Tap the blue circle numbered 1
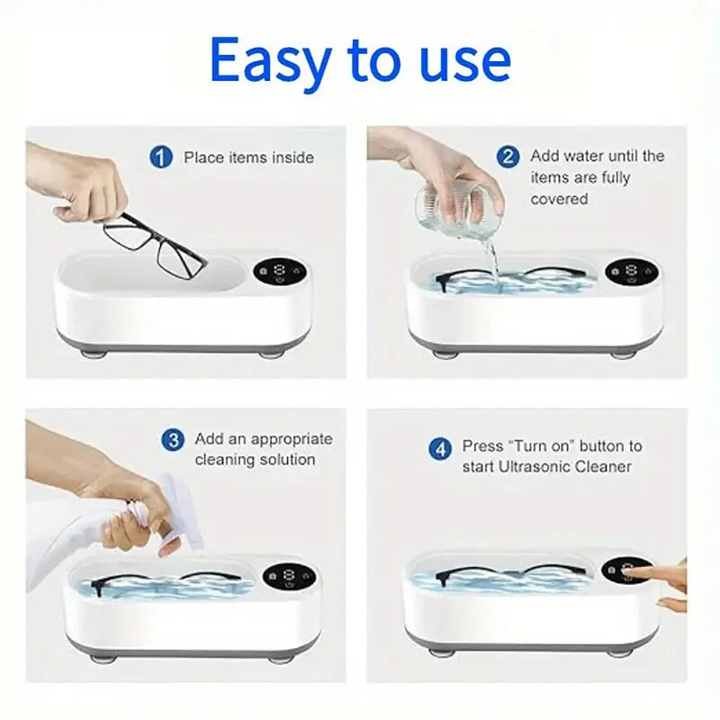click(160, 157)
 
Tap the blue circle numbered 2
click(508, 157)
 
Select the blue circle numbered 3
click(172, 440)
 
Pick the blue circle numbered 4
click(439, 446)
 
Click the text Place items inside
click(248, 157)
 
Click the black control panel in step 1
click(275, 274)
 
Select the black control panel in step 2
click(625, 271)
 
